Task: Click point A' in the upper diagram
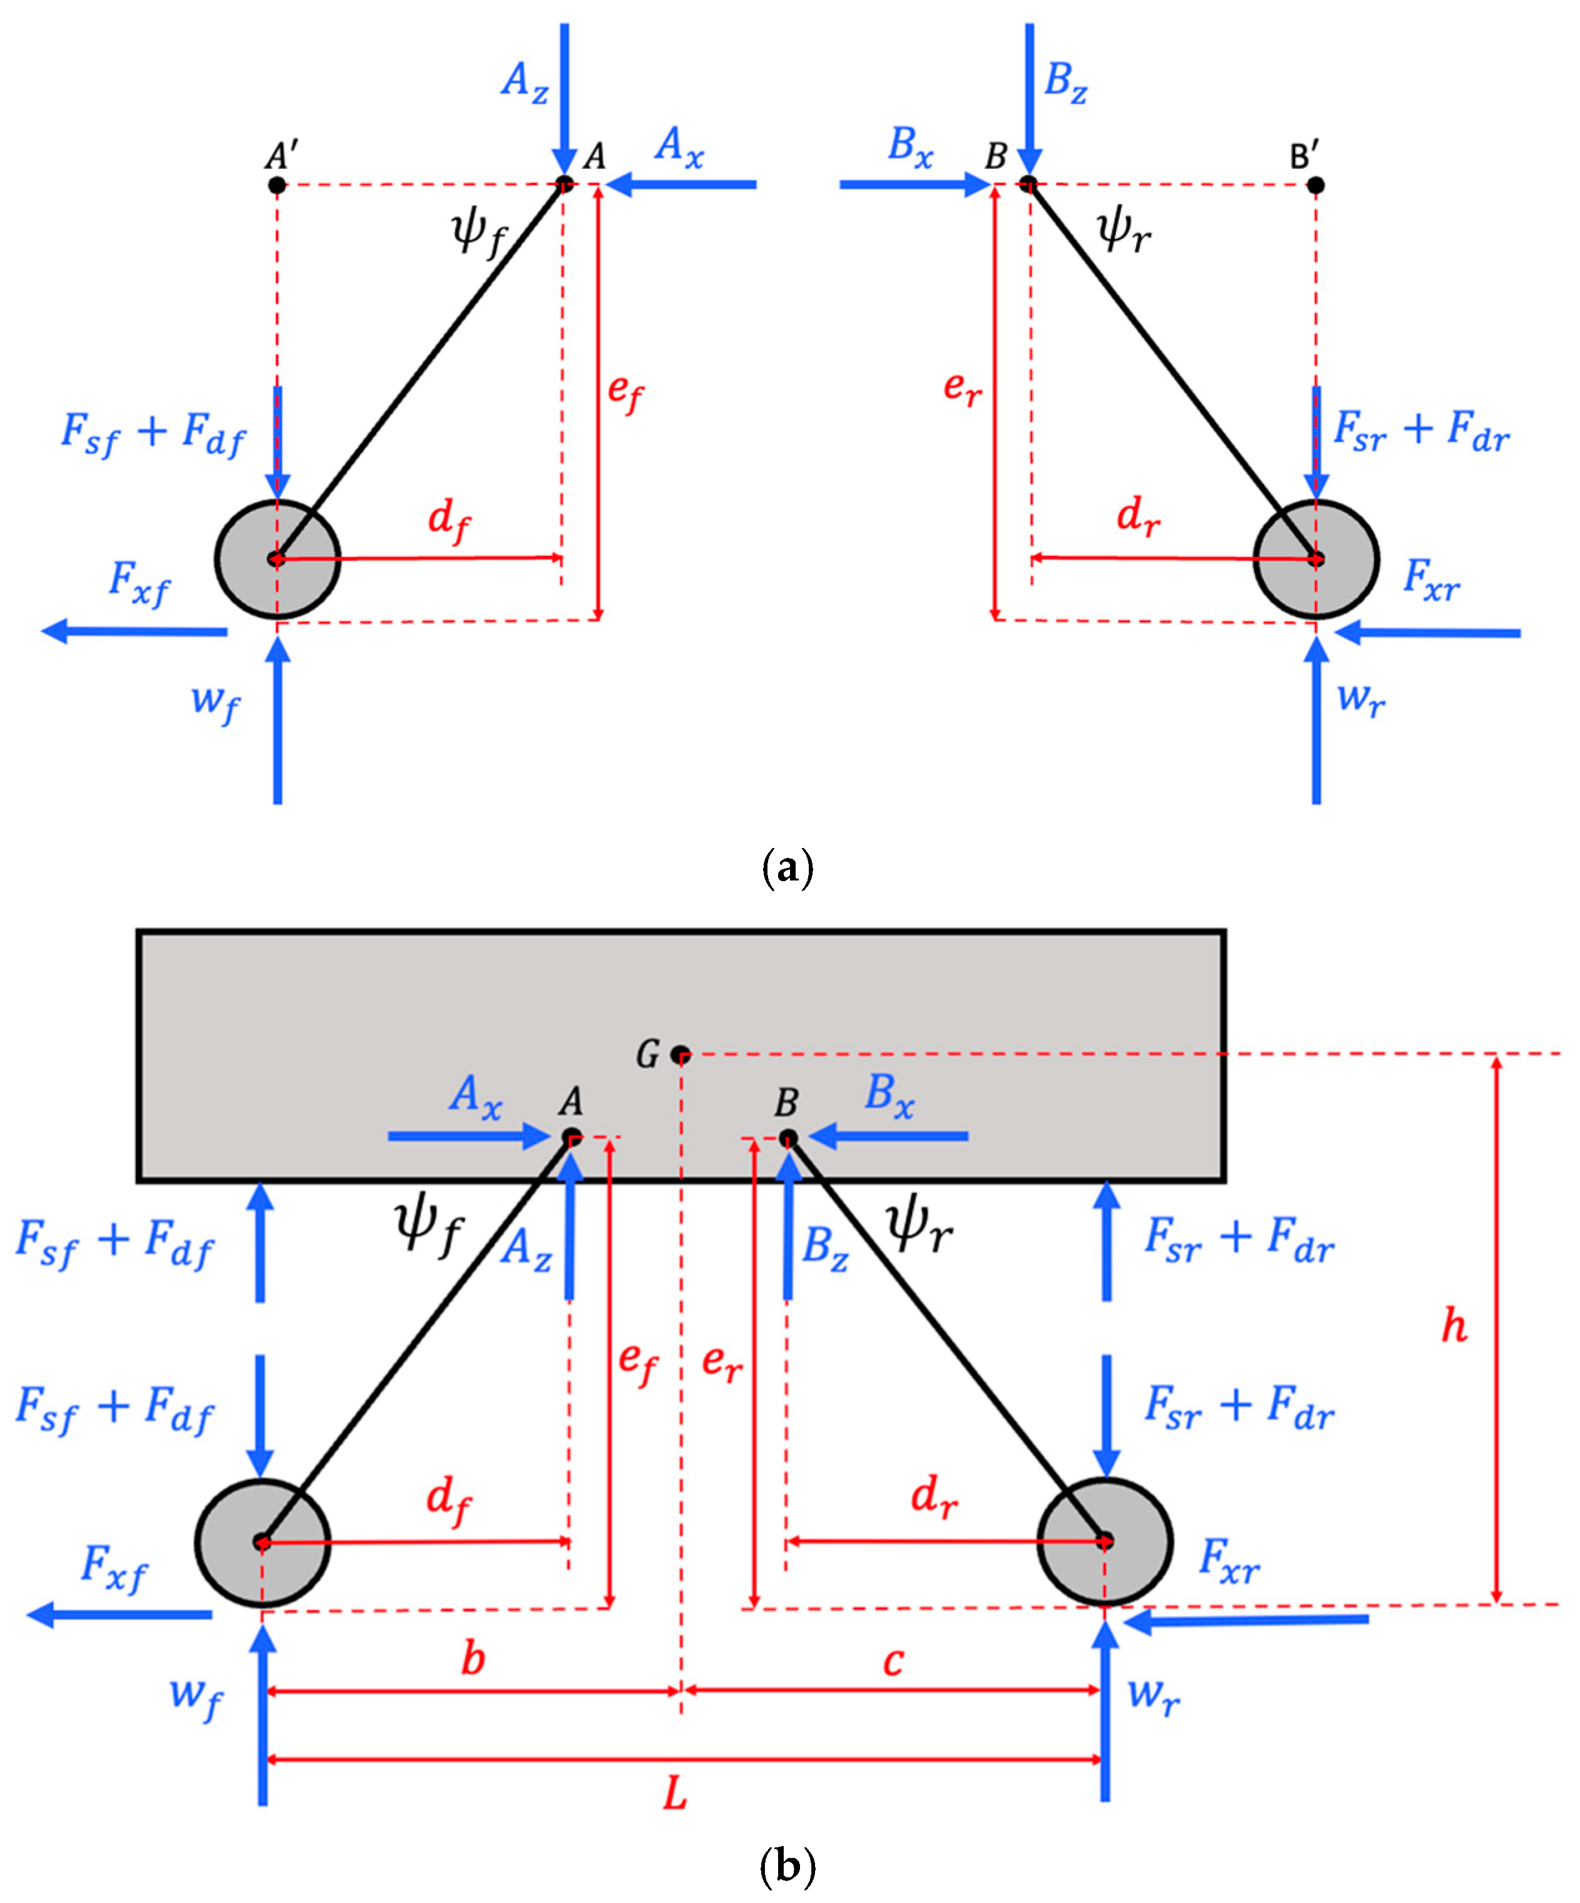[x=277, y=185]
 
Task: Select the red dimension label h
[x=1454, y=1326]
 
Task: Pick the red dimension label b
[x=472, y=1659]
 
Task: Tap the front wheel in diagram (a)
[x=277, y=559]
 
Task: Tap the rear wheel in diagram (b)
[x=1105, y=1541]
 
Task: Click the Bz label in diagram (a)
[x=1065, y=81]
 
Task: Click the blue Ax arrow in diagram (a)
[x=682, y=185]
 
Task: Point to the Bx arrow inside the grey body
[x=888, y=1135]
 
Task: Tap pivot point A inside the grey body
[x=572, y=1136]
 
